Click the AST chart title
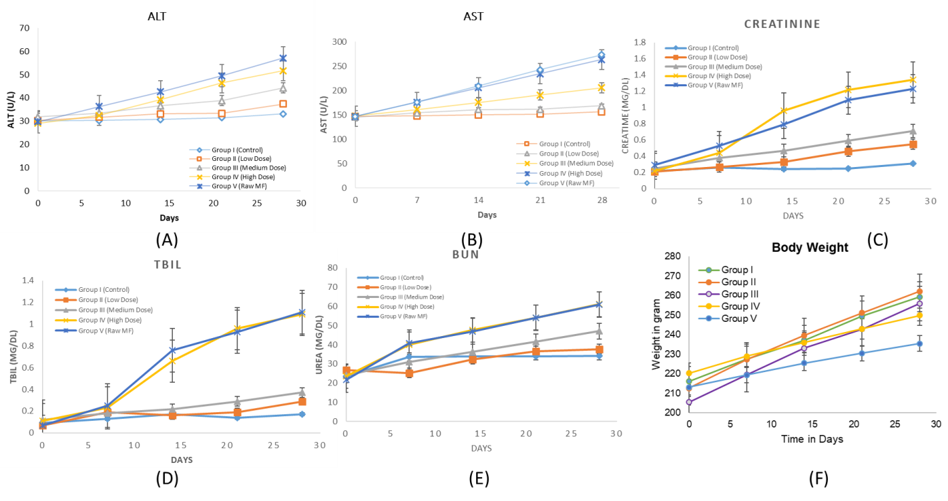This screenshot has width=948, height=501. tap(473, 16)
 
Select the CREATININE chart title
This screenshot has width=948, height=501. tap(782, 24)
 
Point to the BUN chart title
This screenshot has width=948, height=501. tap(466, 255)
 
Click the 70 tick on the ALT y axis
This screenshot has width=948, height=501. tap(24, 29)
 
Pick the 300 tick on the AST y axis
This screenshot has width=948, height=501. tap(338, 42)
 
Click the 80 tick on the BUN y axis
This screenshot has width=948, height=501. tap(333, 267)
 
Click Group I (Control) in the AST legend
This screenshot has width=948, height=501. tap(564, 144)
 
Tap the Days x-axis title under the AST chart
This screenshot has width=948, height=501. tap(486, 215)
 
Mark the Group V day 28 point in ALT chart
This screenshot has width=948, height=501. tap(283, 58)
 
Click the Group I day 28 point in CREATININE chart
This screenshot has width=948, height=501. tap(913, 164)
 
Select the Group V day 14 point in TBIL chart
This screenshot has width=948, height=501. tap(173, 350)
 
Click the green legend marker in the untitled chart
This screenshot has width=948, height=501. tap(709, 270)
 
